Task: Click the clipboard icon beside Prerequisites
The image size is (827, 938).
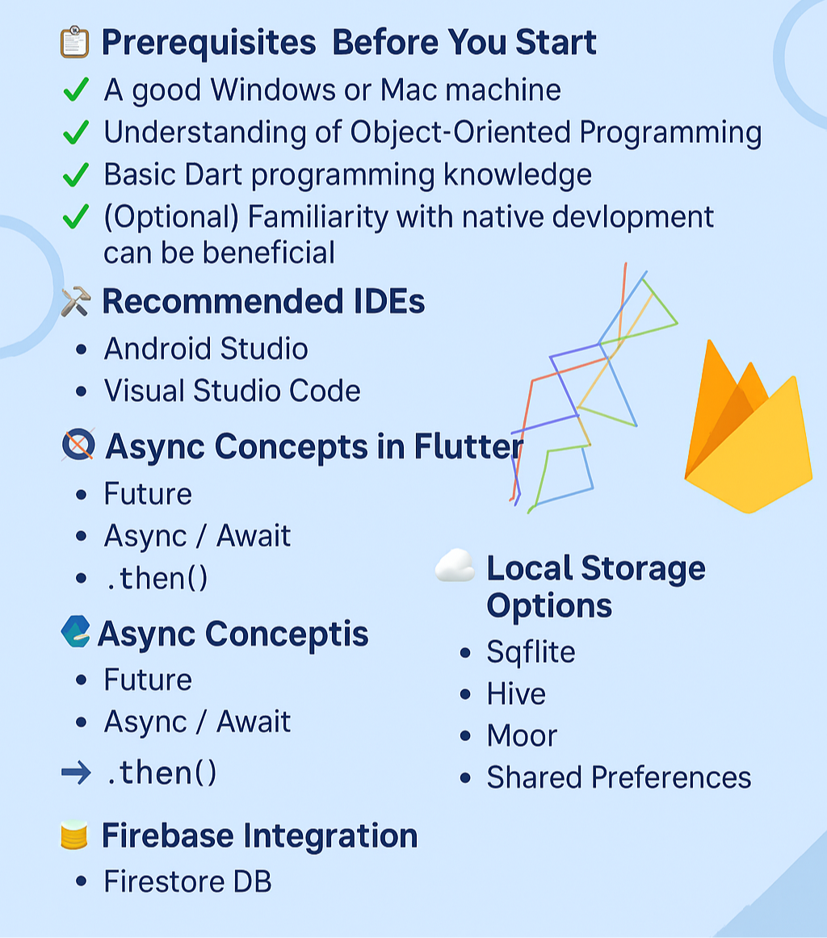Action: tap(74, 42)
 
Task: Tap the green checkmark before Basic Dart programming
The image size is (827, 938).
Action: tap(75, 174)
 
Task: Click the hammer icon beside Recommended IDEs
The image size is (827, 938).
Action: tap(75, 302)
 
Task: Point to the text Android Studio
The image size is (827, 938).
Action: tap(206, 349)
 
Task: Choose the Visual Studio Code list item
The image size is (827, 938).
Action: tap(233, 391)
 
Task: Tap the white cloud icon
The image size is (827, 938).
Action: tap(455, 566)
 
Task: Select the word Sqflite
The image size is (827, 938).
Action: tap(531, 651)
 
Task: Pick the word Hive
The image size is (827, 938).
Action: tap(516, 693)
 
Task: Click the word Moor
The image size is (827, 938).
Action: tap(522, 735)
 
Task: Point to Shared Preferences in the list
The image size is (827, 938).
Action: tap(619, 777)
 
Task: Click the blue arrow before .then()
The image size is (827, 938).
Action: tap(76, 773)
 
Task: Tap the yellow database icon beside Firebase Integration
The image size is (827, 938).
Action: tap(74, 835)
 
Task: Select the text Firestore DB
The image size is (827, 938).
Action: tap(187, 881)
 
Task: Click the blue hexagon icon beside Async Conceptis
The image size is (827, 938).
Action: tap(75, 631)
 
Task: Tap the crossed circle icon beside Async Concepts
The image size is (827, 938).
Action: tap(78, 445)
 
